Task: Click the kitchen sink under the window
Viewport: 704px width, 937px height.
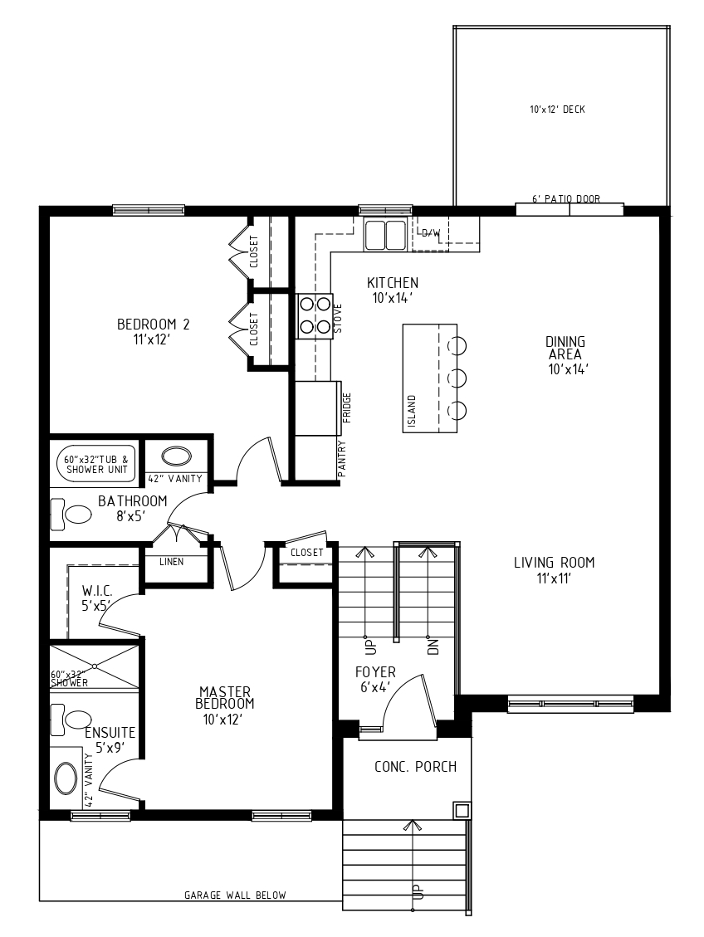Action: (385, 233)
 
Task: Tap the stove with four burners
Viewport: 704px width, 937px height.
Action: (315, 315)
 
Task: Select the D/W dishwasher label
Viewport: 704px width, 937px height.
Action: (431, 233)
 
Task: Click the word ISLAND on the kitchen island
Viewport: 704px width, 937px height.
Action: (411, 411)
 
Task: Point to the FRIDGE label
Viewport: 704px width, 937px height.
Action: (347, 407)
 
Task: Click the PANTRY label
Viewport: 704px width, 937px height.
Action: (342, 458)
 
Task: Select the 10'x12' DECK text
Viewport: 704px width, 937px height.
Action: (557, 110)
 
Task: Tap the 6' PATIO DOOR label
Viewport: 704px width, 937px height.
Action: (566, 198)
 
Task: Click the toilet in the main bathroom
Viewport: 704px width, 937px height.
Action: (71, 515)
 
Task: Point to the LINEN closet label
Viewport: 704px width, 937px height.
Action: (172, 562)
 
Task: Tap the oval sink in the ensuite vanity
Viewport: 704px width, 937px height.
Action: (66, 778)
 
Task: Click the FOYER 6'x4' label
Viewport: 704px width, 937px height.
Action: (375, 680)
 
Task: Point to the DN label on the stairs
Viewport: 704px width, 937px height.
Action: (433, 647)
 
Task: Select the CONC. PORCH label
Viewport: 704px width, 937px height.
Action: (415, 767)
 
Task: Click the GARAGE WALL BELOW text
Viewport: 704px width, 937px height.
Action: (235, 896)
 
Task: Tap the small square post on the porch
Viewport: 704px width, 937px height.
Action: (462, 810)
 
